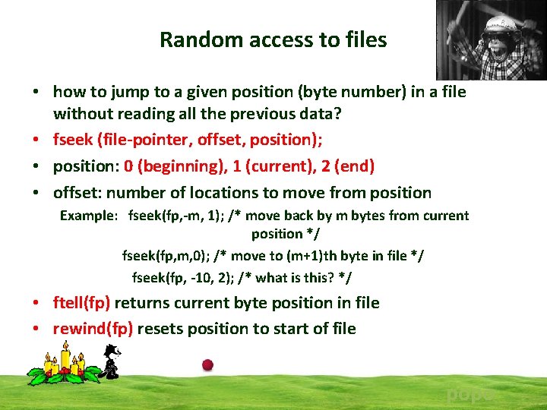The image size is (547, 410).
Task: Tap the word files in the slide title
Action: tap(364, 40)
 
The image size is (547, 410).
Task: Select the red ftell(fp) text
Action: tap(81, 303)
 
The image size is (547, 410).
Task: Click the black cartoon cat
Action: tap(111, 363)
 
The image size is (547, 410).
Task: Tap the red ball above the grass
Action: tap(207, 365)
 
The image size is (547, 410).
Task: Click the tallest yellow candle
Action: tap(65, 357)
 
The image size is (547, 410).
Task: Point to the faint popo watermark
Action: tap(468, 395)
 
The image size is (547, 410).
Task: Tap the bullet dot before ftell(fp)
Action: tap(36, 304)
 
